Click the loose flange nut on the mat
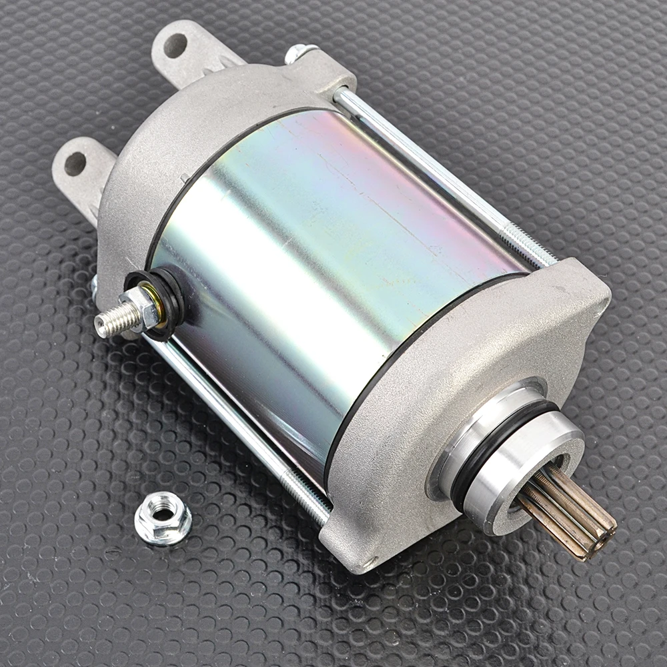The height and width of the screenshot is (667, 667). (163, 518)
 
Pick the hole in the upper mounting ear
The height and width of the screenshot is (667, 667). (175, 45)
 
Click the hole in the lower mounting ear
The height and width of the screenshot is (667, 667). (75, 163)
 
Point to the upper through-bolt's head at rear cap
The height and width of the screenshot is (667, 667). (300, 52)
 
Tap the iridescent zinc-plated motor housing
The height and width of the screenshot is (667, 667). (320, 253)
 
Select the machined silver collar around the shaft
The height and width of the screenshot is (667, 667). (527, 467)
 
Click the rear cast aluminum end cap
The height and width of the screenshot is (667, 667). (200, 133)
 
